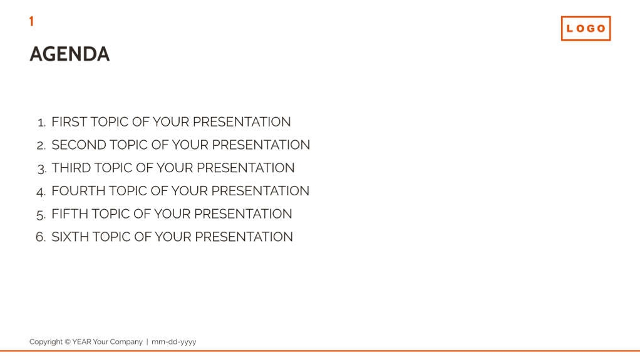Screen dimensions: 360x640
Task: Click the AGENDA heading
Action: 70,54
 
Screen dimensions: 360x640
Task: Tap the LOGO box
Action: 586,28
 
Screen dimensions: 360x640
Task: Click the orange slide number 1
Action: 31,21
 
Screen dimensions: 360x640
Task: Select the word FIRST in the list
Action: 69,122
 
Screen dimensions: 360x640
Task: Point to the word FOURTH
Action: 78,191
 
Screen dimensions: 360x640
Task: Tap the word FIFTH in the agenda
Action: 70,214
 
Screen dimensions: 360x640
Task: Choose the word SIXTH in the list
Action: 70,237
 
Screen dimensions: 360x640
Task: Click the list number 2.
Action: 40,146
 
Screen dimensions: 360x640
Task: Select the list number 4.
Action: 40,192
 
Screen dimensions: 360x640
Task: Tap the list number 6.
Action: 40,237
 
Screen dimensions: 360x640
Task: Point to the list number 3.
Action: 41,169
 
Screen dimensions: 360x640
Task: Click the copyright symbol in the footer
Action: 67,342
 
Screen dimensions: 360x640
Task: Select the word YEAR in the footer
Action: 81,342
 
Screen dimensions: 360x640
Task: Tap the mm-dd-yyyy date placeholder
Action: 173,342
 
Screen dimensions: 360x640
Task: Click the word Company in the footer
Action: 126,342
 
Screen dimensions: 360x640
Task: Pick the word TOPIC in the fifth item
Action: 111,214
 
